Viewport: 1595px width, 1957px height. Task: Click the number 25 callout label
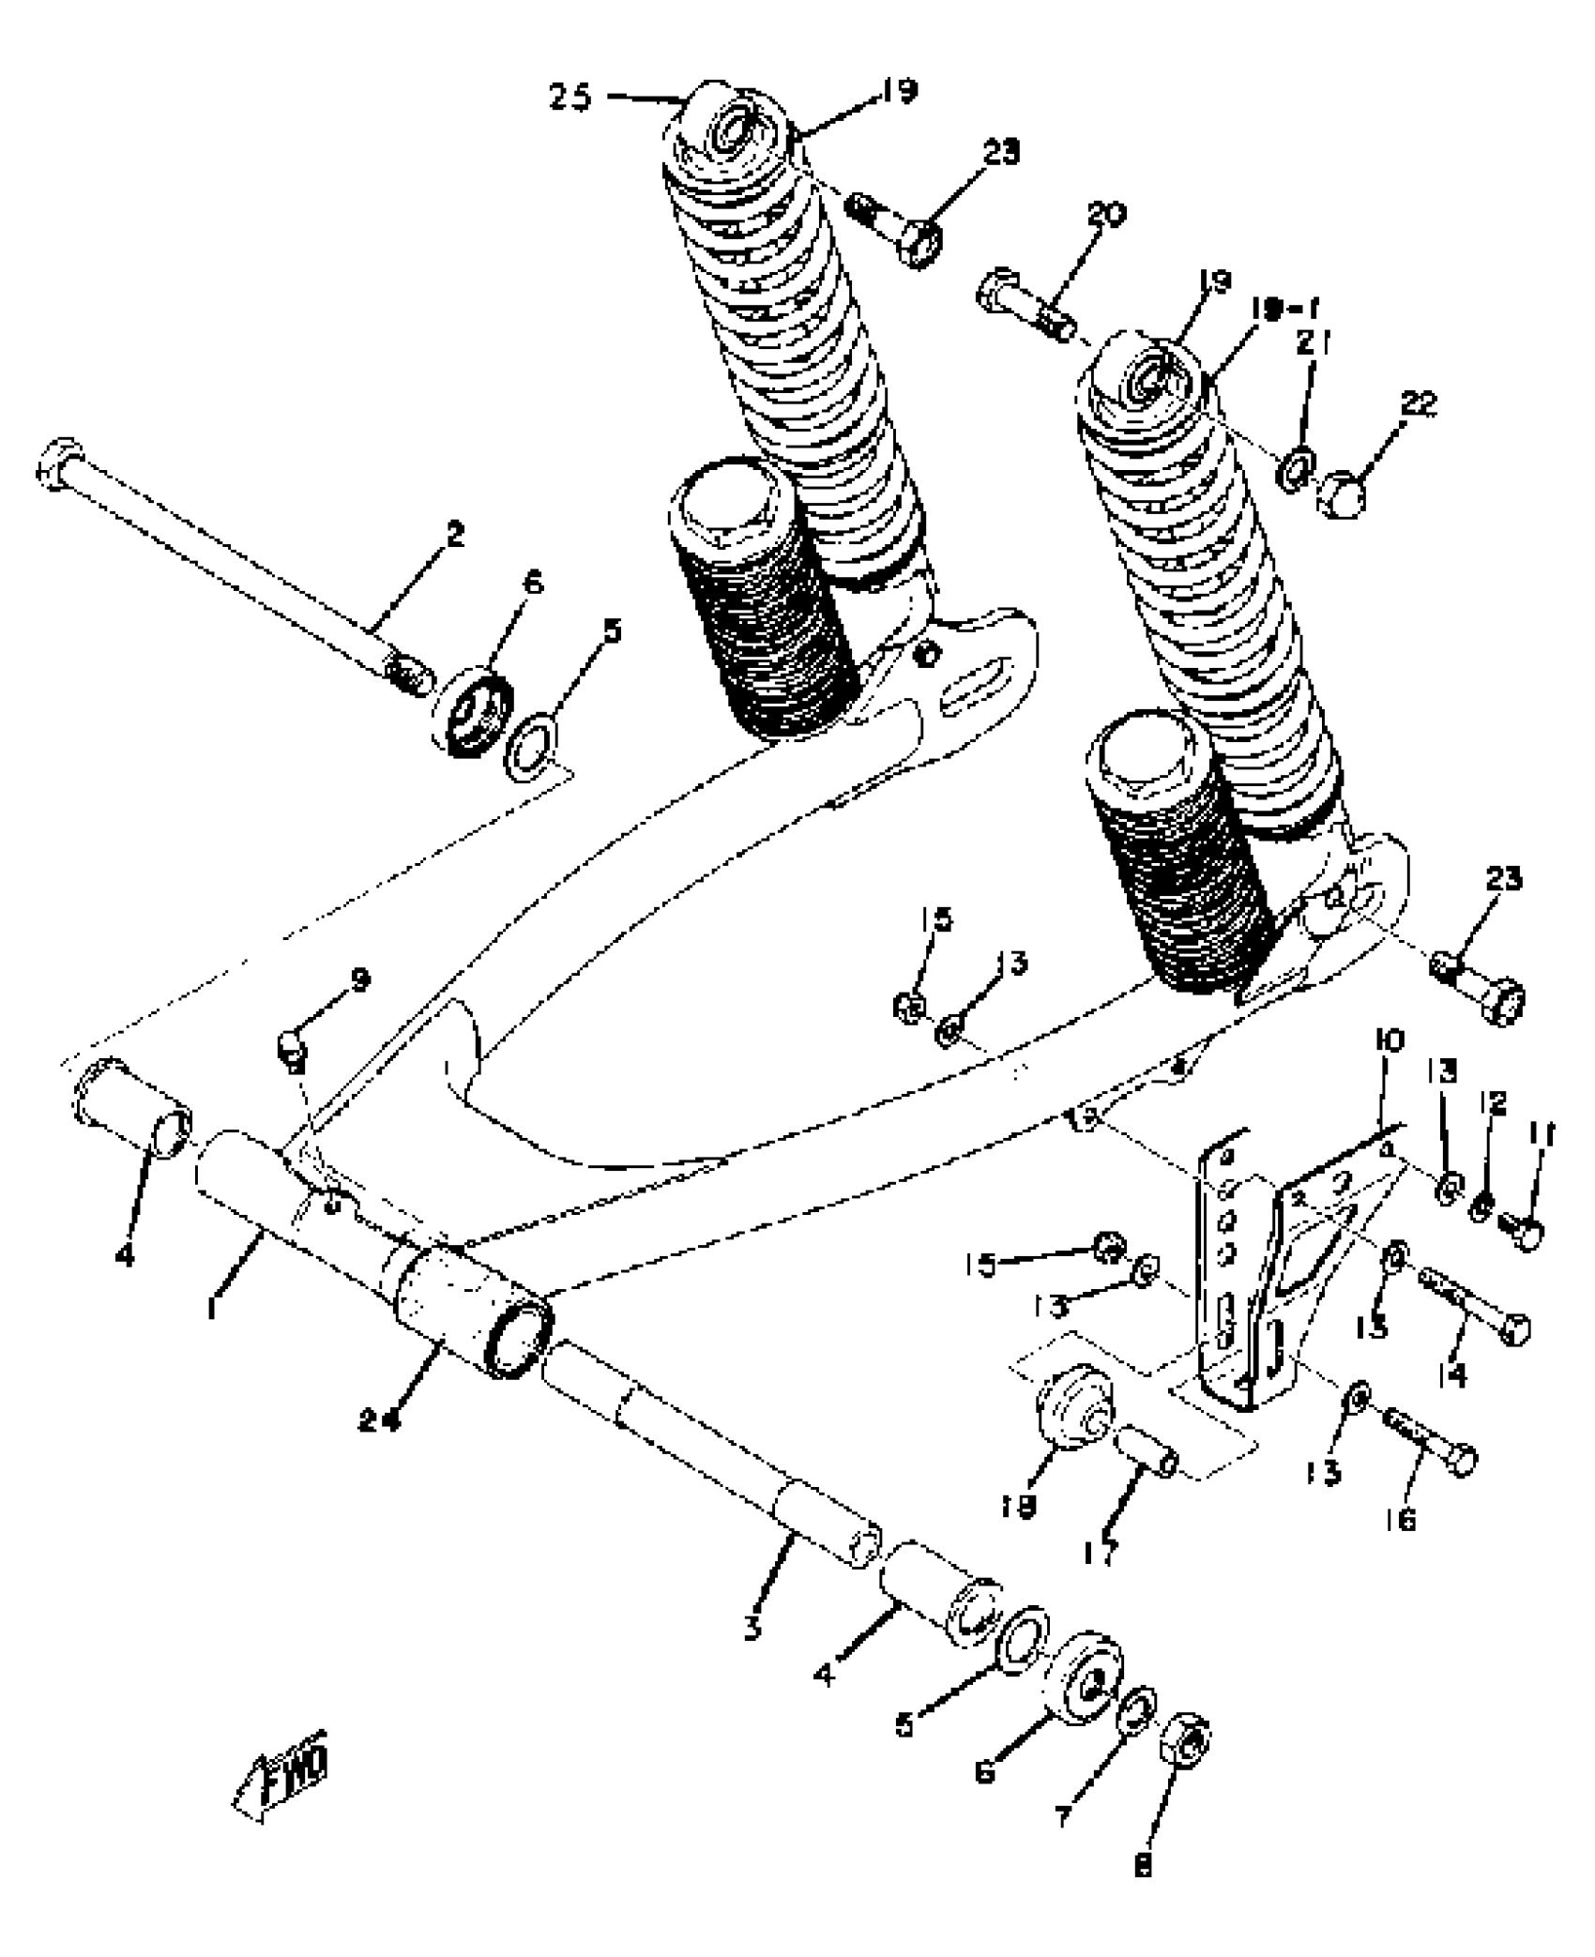coord(570,99)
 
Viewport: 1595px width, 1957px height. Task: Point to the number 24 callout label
coord(381,1419)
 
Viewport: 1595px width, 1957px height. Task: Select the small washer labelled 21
coord(1297,465)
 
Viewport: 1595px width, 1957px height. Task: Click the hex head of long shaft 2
coord(59,463)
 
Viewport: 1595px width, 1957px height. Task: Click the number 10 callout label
coord(1389,1041)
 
